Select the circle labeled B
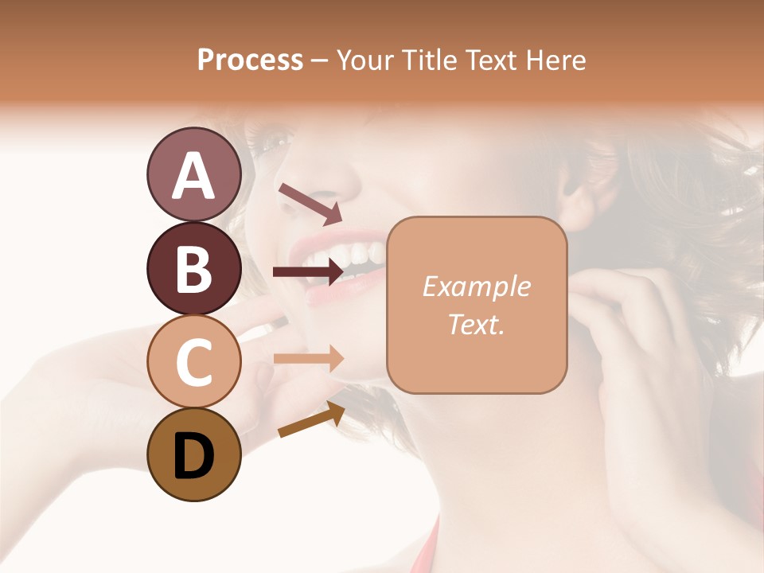193,268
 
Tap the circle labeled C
193,361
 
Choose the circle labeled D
193,454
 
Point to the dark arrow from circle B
308,272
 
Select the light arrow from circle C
308,359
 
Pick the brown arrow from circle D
311,419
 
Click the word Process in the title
250,60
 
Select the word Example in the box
477,286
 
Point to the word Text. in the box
477,324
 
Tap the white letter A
193,176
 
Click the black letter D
193,456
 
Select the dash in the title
320,60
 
